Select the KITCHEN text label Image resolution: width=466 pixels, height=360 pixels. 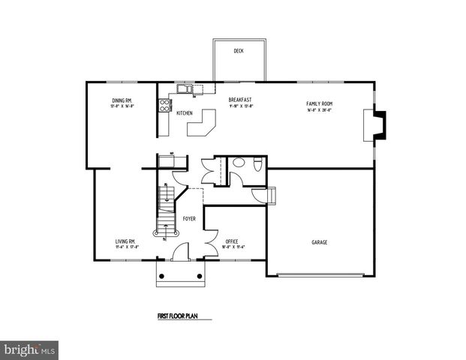(x=185, y=113)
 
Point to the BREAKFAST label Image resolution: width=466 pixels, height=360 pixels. (x=240, y=99)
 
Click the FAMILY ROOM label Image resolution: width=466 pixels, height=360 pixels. (x=319, y=103)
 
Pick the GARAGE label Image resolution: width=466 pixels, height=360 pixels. (x=320, y=241)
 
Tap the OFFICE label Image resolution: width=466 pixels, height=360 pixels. (x=232, y=241)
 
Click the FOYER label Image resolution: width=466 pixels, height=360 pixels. (x=190, y=218)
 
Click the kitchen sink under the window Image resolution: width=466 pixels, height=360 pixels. (x=185, y=91)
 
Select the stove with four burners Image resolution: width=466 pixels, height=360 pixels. (x=162, y=106)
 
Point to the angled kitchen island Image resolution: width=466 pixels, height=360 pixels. (x=202, y=124)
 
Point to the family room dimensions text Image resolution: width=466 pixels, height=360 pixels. (x=319, y=109)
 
